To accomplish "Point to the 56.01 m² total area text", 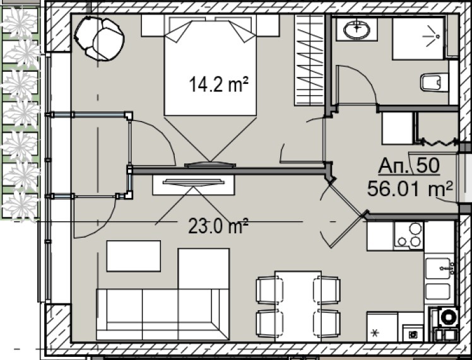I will (410, 187).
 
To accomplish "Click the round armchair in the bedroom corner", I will (100, 38).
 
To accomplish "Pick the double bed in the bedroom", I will (210, 69).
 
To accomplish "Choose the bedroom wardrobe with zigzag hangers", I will (309, 60).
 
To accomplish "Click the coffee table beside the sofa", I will (133, 256).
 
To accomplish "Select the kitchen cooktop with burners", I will (407, 235).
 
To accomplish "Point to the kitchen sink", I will (439, 270).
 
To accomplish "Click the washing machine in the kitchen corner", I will (448, 316).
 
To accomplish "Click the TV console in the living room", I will (193, 185).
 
